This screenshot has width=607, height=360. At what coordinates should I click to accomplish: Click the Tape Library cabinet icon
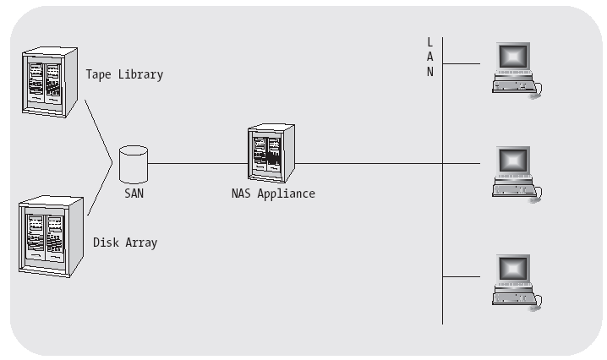(50, 82)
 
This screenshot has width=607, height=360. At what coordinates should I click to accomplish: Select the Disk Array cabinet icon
(51, 236)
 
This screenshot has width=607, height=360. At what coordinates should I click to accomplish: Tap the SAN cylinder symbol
(134, 165)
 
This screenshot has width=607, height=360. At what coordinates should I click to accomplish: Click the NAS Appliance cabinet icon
(271, 153)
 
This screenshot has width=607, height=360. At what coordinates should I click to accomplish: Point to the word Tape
(99, 74)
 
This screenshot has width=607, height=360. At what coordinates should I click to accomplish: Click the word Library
(141, 74)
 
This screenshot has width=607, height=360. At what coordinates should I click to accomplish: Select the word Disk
(106, 243)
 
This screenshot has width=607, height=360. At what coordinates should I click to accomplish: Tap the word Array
(141, 243)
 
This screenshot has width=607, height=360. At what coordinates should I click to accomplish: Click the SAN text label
(134, 194)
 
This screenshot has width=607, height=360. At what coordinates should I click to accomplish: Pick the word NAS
(241, 194)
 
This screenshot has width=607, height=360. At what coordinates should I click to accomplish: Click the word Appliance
(286, 194)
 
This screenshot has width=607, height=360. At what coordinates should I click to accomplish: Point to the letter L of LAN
(429, 41)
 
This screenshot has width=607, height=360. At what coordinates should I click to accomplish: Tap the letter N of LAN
(429, 72)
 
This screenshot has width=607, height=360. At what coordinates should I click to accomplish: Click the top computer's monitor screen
(513, 57)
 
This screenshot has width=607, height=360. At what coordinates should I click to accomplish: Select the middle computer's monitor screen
(513, 160)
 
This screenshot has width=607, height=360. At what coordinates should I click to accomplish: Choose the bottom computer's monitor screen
(513, 268)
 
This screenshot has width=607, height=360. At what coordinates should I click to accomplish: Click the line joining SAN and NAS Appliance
(198, 163)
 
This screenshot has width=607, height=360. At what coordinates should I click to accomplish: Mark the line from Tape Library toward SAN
(99, 131)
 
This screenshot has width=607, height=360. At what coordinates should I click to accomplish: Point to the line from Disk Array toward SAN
(100, 189)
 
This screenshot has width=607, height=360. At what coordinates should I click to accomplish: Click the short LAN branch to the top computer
(462, 63)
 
